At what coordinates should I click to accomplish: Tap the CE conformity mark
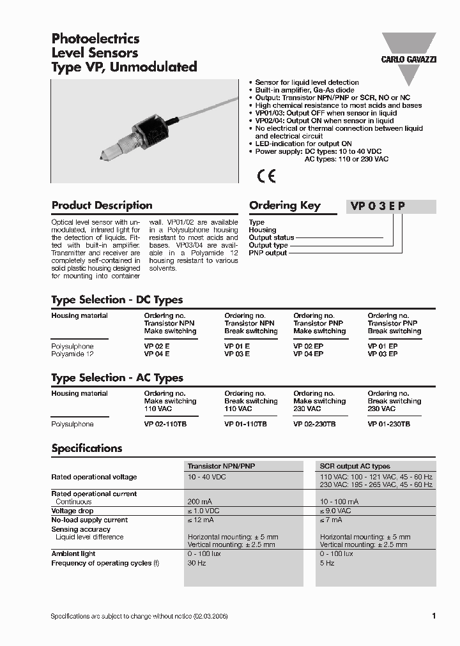click(x=266, y=176)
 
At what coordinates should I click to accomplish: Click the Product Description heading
click(x=102, y=206)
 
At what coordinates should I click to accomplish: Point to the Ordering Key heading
click(x=284, y=206)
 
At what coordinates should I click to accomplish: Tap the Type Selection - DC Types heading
click(x=117, y=299)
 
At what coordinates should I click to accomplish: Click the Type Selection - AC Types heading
click(x=117, y=378)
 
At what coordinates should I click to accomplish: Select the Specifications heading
click(x=86, y=448)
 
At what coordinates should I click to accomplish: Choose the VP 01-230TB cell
click(x=388, y=424)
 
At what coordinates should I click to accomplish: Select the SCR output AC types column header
click(x=355, y=466)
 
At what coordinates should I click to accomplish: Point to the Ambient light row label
click(x=73, y=554)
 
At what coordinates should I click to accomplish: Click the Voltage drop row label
click(x=72, y=511)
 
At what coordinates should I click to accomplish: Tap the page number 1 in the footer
click(x=434, y=616)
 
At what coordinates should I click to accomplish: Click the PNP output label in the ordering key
click(x=268, y=253)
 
